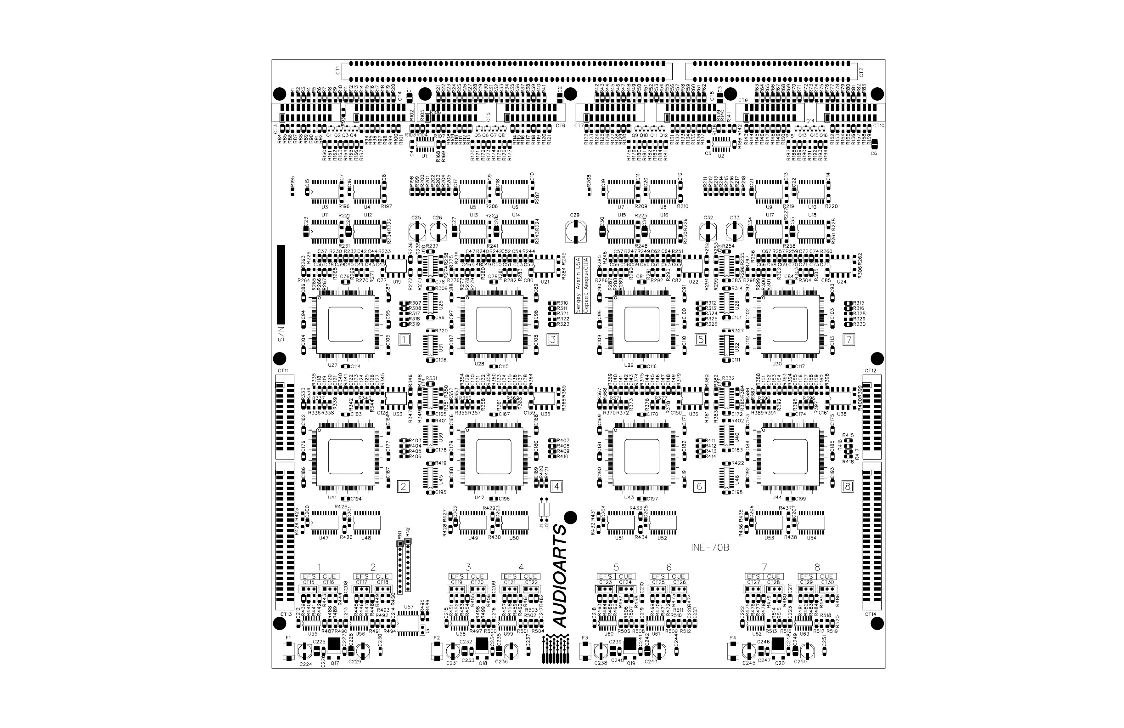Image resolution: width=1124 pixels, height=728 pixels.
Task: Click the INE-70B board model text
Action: pyautogui.click(x=710, y=548)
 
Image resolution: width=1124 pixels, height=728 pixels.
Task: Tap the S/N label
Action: pyautogui.click(x=281, y=334)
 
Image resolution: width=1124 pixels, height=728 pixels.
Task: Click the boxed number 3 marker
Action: pyautogui.click(x=552, y=339)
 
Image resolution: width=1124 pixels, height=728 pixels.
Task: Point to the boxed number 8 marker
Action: pyautogui.click(x=848, y=486)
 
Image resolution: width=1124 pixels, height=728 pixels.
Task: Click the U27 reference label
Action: pyautogui.click(x=332, y=365)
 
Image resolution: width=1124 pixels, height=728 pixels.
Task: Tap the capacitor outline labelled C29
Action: pyautogui.click(x=575, y=232)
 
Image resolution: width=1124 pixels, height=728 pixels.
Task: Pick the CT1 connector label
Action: pyautogui.click(x=337, y=70)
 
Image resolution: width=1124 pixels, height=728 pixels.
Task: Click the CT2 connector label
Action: pyautogui.click(x=861, y=72)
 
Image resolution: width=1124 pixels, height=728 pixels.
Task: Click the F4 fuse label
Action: pyautogui.click(x=733, y=638)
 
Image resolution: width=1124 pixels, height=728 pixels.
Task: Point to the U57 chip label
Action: pyautogui.click(x=409, y=607)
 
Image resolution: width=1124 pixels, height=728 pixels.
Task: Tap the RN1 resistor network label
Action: pyautogui.click(x=400, y=535)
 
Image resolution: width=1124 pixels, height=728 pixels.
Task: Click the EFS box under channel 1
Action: pyautogui.click(x=310, y=576)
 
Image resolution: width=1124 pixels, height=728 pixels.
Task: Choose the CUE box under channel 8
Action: pyautogui.click(x=826, y=576)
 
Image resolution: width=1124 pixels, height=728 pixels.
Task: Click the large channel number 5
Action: pyautogui.click(x=616, y=567)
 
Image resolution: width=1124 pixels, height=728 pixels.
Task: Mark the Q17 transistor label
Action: pyautogui.click(x=335, y=663)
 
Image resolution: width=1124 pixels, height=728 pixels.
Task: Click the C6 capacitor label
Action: pyautogui.click(x=874, y=153)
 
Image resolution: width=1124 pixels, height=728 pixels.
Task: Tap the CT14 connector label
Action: pyautogui.click(x=871, y=614)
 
